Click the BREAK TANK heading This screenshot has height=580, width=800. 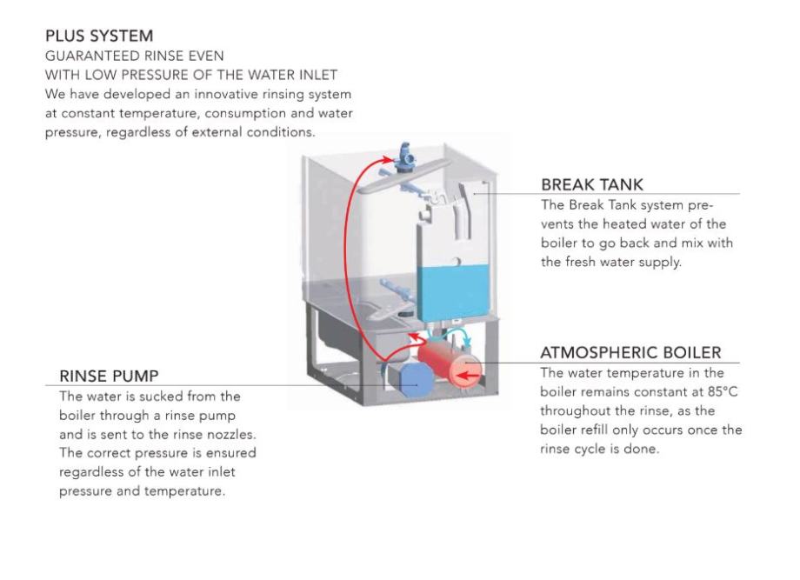coord(591,184)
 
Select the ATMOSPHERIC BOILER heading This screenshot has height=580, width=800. coord(630,353)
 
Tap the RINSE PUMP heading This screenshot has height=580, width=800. coord(108,376)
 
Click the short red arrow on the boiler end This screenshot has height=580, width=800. coord(470,376)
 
